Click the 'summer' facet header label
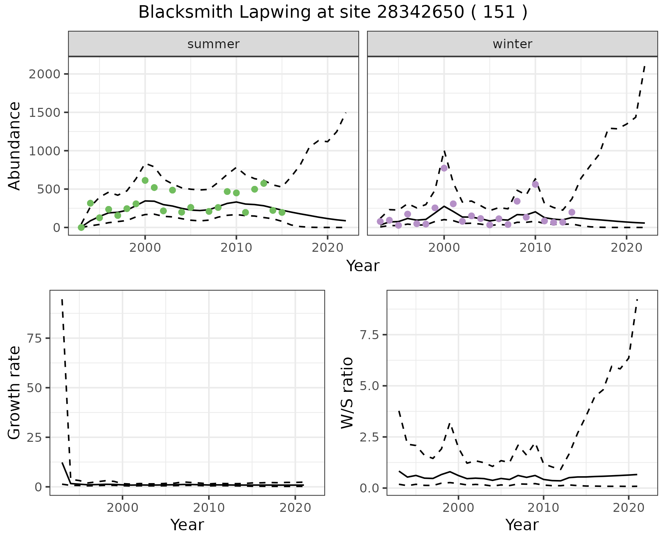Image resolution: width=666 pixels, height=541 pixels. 213,44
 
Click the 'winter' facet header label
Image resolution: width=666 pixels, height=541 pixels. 512,44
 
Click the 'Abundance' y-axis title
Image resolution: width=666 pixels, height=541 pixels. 15,146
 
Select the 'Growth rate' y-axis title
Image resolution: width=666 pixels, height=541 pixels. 15,393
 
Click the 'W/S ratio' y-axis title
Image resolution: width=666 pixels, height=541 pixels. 347,393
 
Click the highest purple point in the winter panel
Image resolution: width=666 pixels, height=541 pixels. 444,168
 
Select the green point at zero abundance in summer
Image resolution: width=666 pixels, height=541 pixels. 81,227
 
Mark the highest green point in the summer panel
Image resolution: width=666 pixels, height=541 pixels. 145,180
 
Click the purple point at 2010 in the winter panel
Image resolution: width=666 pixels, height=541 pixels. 535,184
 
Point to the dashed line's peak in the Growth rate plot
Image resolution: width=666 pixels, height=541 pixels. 62,299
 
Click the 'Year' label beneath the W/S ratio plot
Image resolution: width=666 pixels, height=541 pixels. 522,525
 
